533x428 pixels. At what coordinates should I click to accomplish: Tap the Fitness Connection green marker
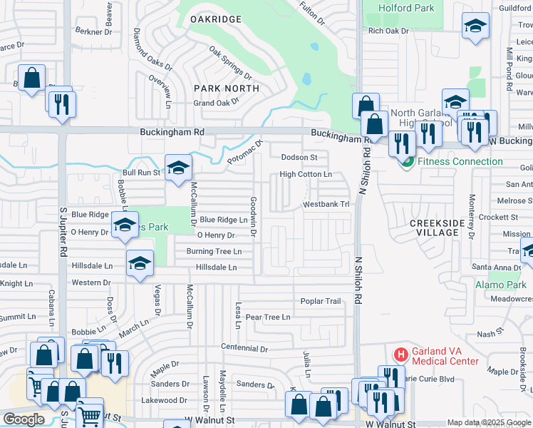(x=407, y=161)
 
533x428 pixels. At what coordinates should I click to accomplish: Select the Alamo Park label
(x=500, y=285)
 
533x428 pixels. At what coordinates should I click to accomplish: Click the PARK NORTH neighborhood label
(x=227, y=88)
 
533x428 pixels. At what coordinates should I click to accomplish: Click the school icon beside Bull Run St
(x=178, y=168)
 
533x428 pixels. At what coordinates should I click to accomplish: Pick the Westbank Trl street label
(x=327, y=204)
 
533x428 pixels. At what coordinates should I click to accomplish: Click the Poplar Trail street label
(x=321, y=301)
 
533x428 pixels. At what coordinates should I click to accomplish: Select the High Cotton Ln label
(x=306, y=174)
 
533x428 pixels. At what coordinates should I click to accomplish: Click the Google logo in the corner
(x=24, y=419)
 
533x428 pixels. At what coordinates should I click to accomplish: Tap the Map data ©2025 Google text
(x=488, y=423)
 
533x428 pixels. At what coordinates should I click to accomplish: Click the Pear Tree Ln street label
(x=267, y=317)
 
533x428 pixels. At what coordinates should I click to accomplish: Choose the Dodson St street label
(x=299, y=157)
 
